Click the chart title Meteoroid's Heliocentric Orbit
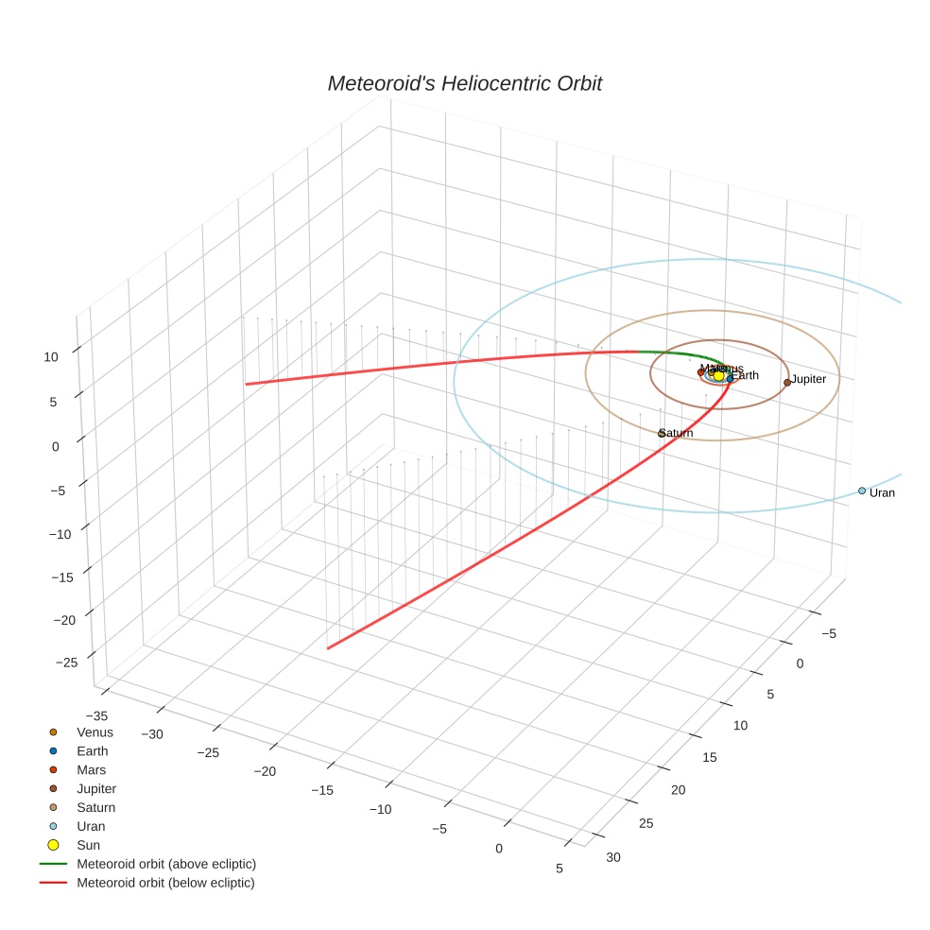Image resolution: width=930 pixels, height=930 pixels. tap(464, 84)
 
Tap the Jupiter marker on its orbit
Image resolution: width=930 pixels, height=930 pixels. tap(787, 383)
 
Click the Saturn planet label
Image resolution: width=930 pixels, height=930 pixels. tap(677, 434)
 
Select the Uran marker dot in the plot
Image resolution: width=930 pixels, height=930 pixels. tap(862, 491)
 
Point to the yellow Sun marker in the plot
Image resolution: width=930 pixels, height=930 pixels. tap(718, 376)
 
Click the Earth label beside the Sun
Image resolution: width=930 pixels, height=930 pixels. tap(746, 376)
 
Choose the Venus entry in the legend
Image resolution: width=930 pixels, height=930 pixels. tap(95, 732)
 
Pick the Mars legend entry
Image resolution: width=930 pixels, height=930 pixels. tap(91, 770)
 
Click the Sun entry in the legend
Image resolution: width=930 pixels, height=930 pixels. tap(88, 845)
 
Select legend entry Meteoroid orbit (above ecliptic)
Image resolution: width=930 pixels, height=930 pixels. tap(166, 864)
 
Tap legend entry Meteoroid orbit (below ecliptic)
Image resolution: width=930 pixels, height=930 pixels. tap(165, 883)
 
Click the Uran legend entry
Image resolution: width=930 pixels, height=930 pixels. tap(91, 826)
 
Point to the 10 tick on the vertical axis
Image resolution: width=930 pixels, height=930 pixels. tap(50, 356)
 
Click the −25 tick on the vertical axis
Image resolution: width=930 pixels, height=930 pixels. tap(67, 663)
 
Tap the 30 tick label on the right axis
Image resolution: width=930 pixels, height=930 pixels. tap(613, 857)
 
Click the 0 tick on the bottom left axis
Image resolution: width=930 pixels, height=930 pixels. tap(499, 848)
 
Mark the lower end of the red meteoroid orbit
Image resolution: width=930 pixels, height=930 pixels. tap(328, 648)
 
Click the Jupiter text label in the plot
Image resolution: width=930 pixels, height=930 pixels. tap(809, 379)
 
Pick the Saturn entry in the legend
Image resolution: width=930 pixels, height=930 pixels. tap(95, 808)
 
